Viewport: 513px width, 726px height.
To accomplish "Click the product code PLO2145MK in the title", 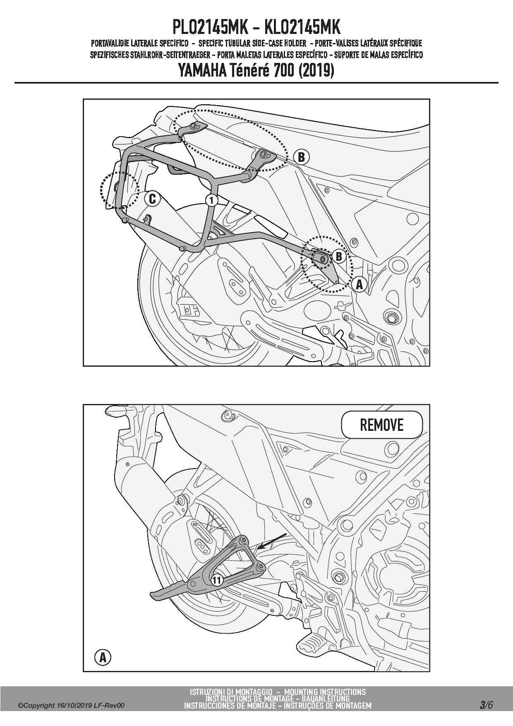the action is (x=210, y=27).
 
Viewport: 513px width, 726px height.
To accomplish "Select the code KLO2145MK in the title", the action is (x=302, y=27).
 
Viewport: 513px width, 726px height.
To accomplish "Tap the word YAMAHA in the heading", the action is (x=202, y=70).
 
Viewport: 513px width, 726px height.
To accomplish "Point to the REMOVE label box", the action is (x=381, y=425).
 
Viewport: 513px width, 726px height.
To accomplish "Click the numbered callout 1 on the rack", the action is (x=211, y=200).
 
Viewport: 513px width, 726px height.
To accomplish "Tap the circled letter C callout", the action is (x=152, y=199).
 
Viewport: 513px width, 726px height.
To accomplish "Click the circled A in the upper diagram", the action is (x=359, y=284).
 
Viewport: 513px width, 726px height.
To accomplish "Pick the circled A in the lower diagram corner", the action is (x=103, y=657).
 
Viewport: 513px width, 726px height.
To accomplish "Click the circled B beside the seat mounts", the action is (x=301, y=157).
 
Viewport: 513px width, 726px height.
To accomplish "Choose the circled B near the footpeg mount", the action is (x=339, y=257).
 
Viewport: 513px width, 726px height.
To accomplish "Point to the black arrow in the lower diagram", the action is (x=272, y=541).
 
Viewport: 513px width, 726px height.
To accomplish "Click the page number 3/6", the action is (x=486, y=705).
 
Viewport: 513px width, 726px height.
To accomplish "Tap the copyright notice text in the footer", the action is (x=71, y=706).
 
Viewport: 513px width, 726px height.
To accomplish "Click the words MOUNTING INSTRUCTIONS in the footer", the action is (x=325, y=692).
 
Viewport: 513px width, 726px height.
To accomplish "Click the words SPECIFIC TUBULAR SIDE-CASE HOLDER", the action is (x=252, y=43).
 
